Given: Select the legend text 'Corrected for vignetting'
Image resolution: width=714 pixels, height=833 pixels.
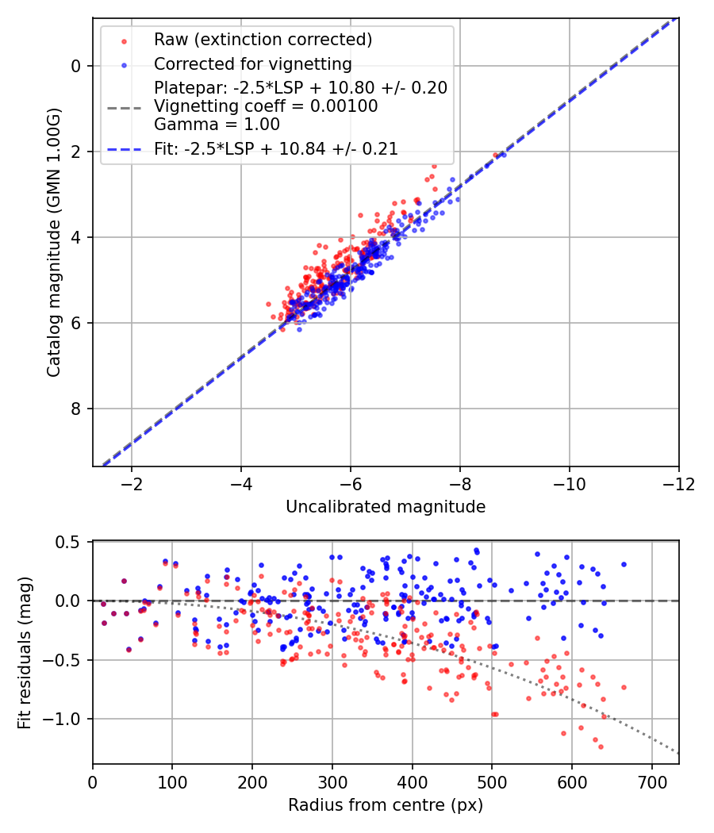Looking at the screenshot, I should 252,63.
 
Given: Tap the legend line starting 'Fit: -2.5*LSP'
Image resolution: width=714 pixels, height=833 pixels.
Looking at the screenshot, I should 275,148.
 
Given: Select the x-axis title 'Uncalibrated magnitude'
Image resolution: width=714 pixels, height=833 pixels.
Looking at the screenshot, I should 386,506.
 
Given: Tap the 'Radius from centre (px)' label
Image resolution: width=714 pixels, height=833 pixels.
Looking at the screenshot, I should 386,805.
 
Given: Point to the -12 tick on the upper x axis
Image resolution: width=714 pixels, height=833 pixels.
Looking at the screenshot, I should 678,483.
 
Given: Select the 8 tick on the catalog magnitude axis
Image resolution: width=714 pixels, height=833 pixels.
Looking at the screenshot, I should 77,409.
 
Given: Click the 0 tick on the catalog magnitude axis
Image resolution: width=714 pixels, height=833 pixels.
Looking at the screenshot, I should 77,66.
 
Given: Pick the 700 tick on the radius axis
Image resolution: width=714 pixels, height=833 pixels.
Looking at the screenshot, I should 651,781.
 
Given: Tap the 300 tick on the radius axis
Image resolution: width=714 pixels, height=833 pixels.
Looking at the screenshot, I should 332,781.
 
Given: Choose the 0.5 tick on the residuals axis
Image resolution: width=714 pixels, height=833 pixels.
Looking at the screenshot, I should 70,542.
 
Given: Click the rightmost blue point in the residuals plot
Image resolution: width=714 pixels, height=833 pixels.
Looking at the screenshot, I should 624,564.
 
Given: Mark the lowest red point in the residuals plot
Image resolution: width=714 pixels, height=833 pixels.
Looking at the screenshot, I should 601,747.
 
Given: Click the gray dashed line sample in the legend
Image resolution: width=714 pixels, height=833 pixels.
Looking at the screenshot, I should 123,106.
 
